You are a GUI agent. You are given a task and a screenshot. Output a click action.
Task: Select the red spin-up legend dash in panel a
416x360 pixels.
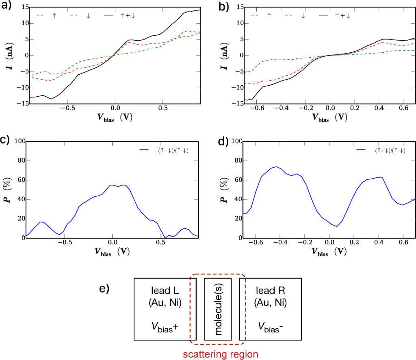coord(40,15)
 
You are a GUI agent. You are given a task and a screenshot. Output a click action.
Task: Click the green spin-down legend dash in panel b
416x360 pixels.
coord(289,15)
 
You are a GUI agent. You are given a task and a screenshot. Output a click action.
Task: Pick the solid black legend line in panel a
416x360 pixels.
coord(109,15)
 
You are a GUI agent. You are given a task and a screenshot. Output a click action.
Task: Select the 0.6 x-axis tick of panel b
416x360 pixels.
coord(403,108)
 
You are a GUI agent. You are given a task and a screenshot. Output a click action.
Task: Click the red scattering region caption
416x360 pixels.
coord(220,354)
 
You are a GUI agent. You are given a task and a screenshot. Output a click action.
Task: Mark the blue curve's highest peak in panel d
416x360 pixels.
coord(276,166)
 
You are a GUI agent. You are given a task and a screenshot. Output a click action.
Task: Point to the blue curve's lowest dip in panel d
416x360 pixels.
coord(337,226)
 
